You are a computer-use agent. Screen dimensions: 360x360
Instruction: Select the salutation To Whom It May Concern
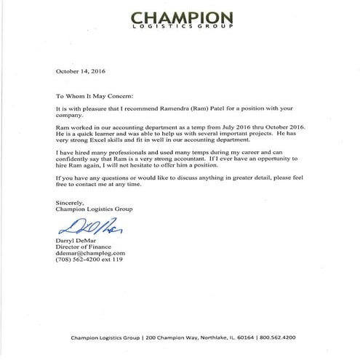pos(105,95)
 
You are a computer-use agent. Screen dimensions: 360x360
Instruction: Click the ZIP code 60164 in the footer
pos(249,337)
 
